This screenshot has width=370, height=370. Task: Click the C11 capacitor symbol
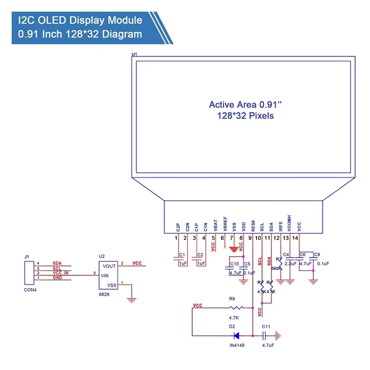click(266, 335)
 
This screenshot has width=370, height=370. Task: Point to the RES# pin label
click(253, 225)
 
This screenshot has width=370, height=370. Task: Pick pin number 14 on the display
click(295, 238)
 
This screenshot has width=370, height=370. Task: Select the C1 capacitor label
click(182, 255)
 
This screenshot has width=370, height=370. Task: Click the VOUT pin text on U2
click(110, 266)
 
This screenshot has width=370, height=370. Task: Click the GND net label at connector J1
click(57, 278)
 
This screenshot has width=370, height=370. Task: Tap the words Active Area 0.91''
click(245, 105)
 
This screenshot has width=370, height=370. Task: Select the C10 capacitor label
click(234, 264)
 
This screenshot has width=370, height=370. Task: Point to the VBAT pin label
click(215, 225)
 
